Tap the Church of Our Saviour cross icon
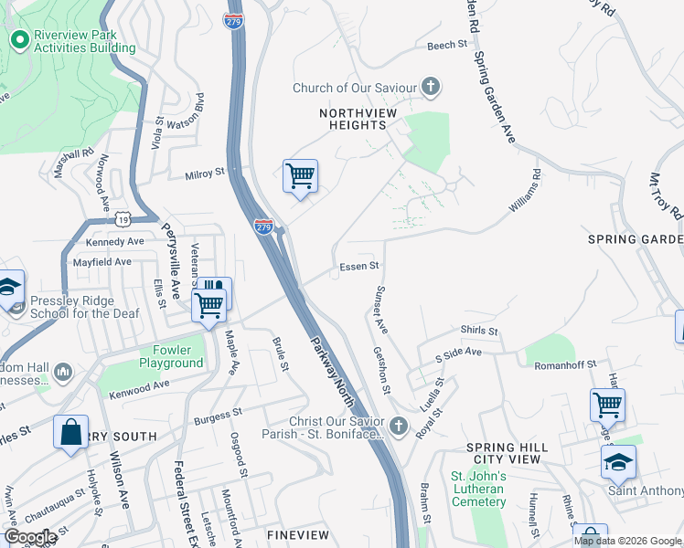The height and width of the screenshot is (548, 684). (x=431, y=88)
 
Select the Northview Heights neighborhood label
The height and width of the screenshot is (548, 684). (x=352, y=119)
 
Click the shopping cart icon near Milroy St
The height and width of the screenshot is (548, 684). (x=301, y=175)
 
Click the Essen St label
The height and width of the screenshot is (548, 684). (x=359, y=267)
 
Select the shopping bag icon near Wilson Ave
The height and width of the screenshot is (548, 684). (x=70, y=433)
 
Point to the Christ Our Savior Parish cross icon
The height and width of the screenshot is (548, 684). (x=398, y=426)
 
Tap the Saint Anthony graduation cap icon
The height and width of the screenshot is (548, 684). (x=619, y=462)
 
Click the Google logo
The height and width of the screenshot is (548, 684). (x=30, y=537)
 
